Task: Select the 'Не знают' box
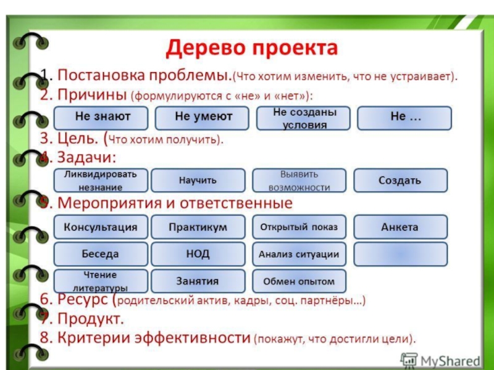click(101, 117)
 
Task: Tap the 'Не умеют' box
click(202, 117)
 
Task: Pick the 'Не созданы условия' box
click(303, 117)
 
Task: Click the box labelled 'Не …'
click(405, 117)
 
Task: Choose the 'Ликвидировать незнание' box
click(101, 180)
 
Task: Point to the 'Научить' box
click(198, 180)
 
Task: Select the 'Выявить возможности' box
click(299, 180)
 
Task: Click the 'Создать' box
click(400, 180)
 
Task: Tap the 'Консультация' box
click(101, 227)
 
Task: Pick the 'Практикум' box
click(198, 227)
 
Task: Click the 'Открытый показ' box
click(299, 227)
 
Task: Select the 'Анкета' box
click(400, 227)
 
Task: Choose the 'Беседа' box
click(101, 254)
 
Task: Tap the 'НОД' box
click(198, 254)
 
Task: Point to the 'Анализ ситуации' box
click(299, 254)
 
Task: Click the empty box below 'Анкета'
click(400, 254)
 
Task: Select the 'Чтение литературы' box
click(101, 281)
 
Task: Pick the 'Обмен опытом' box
click(299, 281)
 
